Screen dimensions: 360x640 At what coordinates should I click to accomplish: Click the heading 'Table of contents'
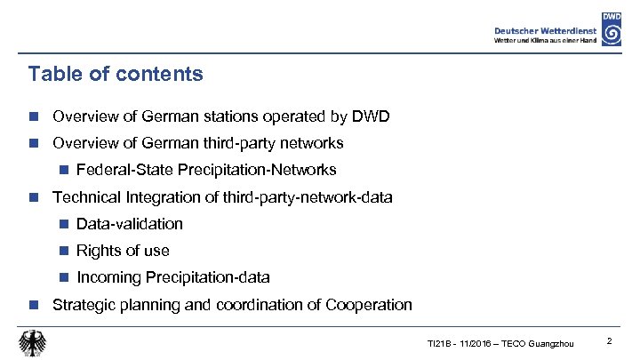point(116,74)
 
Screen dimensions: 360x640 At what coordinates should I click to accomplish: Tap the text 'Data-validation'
point(130,224)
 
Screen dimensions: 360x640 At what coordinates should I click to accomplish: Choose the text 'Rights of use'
point(123,251)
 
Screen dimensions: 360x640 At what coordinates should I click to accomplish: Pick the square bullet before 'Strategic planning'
point(33,305)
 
